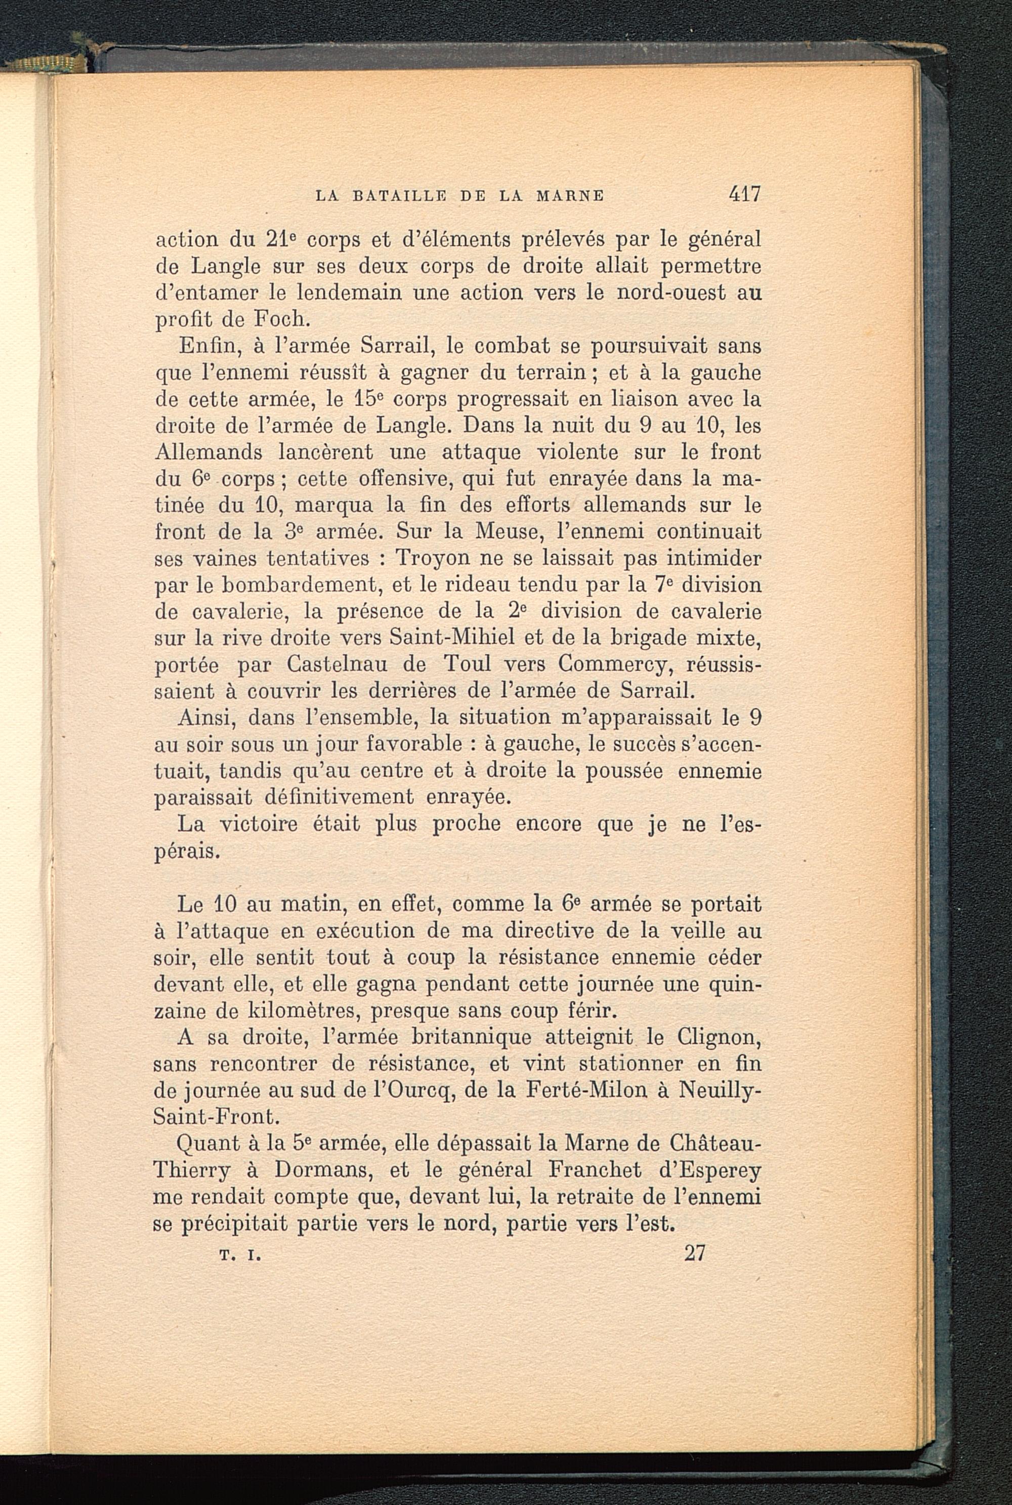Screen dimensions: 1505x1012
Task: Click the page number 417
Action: coord(744,194)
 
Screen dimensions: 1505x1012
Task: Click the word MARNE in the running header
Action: coord(571,195)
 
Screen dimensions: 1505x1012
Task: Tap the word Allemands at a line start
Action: coord(208,452)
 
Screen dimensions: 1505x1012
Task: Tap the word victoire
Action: coord(258,824)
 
